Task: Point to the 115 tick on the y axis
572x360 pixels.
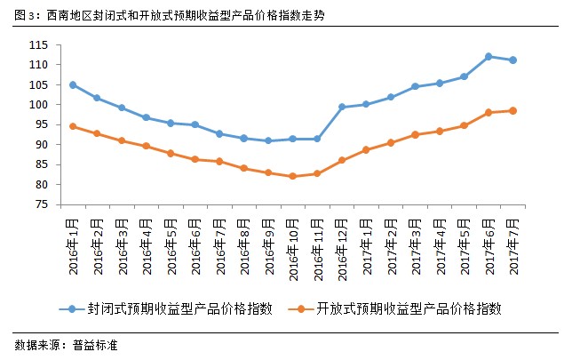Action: [x=62, y=45]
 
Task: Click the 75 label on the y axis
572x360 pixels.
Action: [x=65, y=205]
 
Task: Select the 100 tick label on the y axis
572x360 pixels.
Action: [x=62, y=105]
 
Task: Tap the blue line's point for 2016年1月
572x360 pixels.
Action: [x=73, y=84]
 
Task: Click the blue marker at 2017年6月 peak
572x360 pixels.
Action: [x=489, y=57]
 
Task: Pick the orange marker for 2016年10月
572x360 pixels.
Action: [x=292, y=176]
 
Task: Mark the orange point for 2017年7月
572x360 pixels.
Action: [x=512, y=111]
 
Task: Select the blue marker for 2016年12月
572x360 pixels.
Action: [x=341, y=107]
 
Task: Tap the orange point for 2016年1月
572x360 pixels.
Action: [x=73, y=126]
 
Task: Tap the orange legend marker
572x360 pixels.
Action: [x=303, y=308]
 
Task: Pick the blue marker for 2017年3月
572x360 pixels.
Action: [x=415, y=86]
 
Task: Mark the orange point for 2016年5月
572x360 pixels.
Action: [x=171, y=153]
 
